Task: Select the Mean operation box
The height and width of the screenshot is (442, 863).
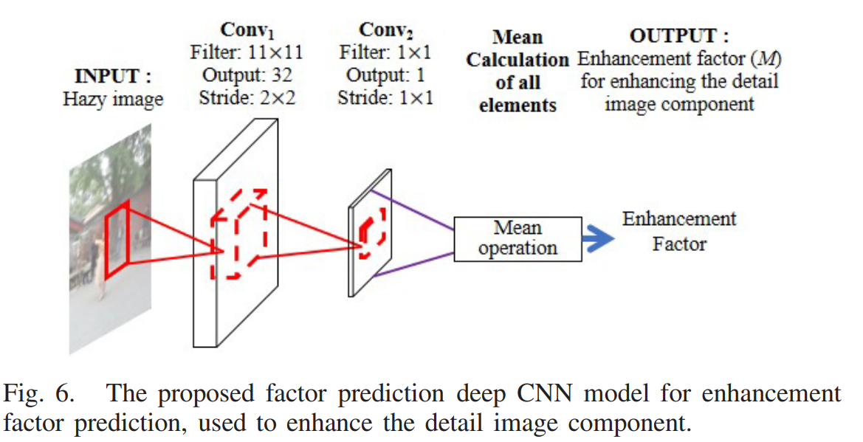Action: coord(518,238)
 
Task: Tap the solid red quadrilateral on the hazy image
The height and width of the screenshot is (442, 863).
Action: coord(117,240)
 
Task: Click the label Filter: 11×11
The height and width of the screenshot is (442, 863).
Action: coord(246,53)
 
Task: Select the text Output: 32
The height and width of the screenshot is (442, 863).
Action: coord(246,75)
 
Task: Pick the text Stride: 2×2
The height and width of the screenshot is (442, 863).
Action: coord(246,97)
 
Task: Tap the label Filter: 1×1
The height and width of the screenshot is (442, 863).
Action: coord(385,53)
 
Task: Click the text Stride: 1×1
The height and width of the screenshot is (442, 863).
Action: coord(385,97)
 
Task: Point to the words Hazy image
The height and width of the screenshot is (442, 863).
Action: coord(112,99)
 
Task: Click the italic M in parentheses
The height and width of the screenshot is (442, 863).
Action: coord(771,58)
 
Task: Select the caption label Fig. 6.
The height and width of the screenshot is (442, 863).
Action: coord(38,393)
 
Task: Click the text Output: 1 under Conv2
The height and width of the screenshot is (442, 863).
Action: coord(385,75)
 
